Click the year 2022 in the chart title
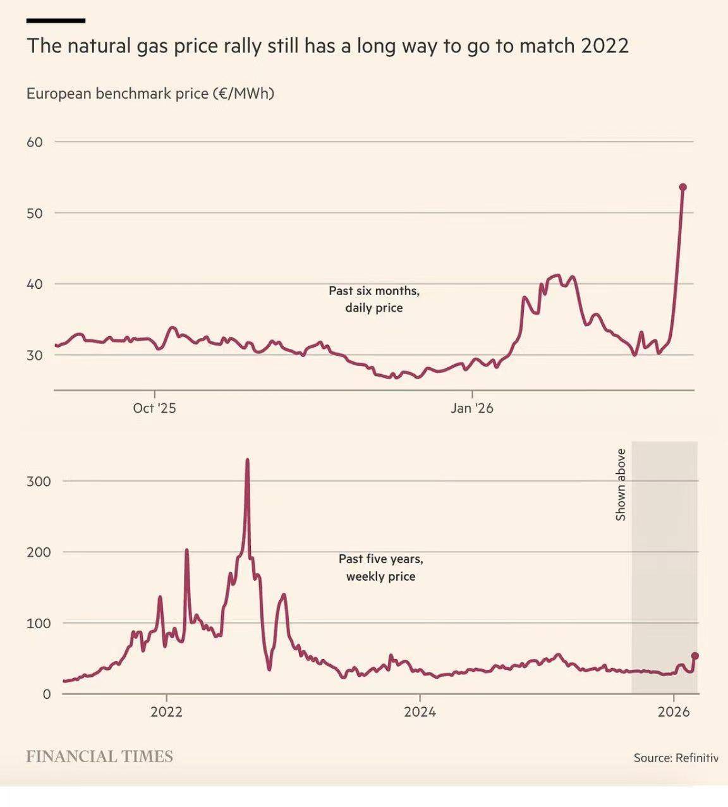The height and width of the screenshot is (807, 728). [605, 47]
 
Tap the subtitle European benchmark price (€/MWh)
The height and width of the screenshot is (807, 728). [150, 94]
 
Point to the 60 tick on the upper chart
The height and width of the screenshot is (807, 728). [35, 142]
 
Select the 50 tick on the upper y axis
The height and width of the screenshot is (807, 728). [35, 213]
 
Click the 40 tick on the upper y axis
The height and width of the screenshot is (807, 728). [35, 284]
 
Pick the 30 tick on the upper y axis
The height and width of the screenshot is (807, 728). [35, 355]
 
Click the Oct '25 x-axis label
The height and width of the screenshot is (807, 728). [154, 408]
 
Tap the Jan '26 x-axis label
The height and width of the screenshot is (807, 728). [472, 408]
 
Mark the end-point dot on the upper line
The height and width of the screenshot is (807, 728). [682, 187]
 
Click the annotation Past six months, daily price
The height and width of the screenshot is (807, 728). [374, 300]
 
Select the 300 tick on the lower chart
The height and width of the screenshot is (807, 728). [38, 481]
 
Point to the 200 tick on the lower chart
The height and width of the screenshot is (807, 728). [38, 552]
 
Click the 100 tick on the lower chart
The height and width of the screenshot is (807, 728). [38, 623]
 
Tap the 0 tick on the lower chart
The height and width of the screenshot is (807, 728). [46, 694]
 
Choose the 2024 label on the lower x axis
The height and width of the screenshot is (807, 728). [420, 712]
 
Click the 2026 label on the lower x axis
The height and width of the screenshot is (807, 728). [674, 712]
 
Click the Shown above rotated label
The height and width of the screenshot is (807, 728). [621, 485]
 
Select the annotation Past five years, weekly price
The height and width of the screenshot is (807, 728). [381, 567]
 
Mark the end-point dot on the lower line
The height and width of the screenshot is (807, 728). [695, 656]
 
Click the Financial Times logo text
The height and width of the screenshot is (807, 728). [99, 756]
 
